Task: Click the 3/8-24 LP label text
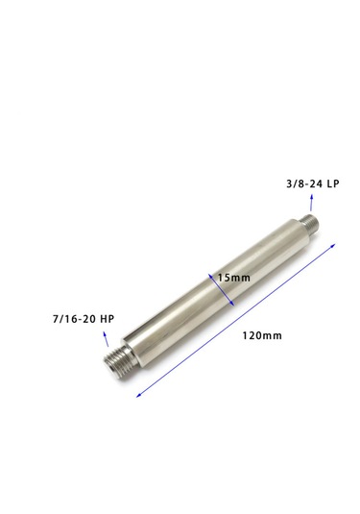pyautogui.click(x=313, y=184)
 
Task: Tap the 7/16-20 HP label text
pyautogui.click(x=84, y=319)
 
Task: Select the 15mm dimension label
pyautogui.click(x=234, y=278)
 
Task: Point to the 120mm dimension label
pyautogui.click(x=262, y=335)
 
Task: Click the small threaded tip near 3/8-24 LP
pyautogui.click(x=310, y=222)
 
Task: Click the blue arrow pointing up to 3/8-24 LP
pyautogui.click(x=311, y=203)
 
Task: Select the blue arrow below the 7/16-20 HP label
pyautogui.click(x=106, y=338)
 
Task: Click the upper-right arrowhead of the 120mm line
pyautogui.click(x=334, y=245)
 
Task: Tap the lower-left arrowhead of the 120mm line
pyautogui.click(x=138, y=396)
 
